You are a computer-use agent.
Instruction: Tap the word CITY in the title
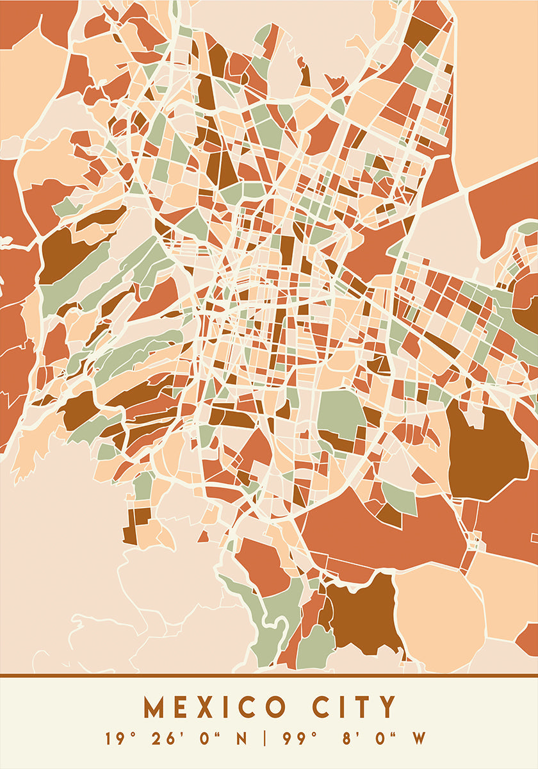click(x=356, y=707)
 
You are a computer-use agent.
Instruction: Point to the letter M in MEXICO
click(x=154, y=707)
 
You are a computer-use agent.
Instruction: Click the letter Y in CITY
click(x=387, y=707)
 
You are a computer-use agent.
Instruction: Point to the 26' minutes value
click(x=164, y=739)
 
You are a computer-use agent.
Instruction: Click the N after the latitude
click(x=242, y=739)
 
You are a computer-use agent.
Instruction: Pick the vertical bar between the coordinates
click(x=265, y=739)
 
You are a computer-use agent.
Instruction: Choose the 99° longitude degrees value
click(x=299, y=739)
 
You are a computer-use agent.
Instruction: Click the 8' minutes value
click(x=350, y=739)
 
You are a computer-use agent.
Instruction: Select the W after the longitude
click(x=419, y=739)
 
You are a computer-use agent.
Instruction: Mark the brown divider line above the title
click(x=269, y=675)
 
